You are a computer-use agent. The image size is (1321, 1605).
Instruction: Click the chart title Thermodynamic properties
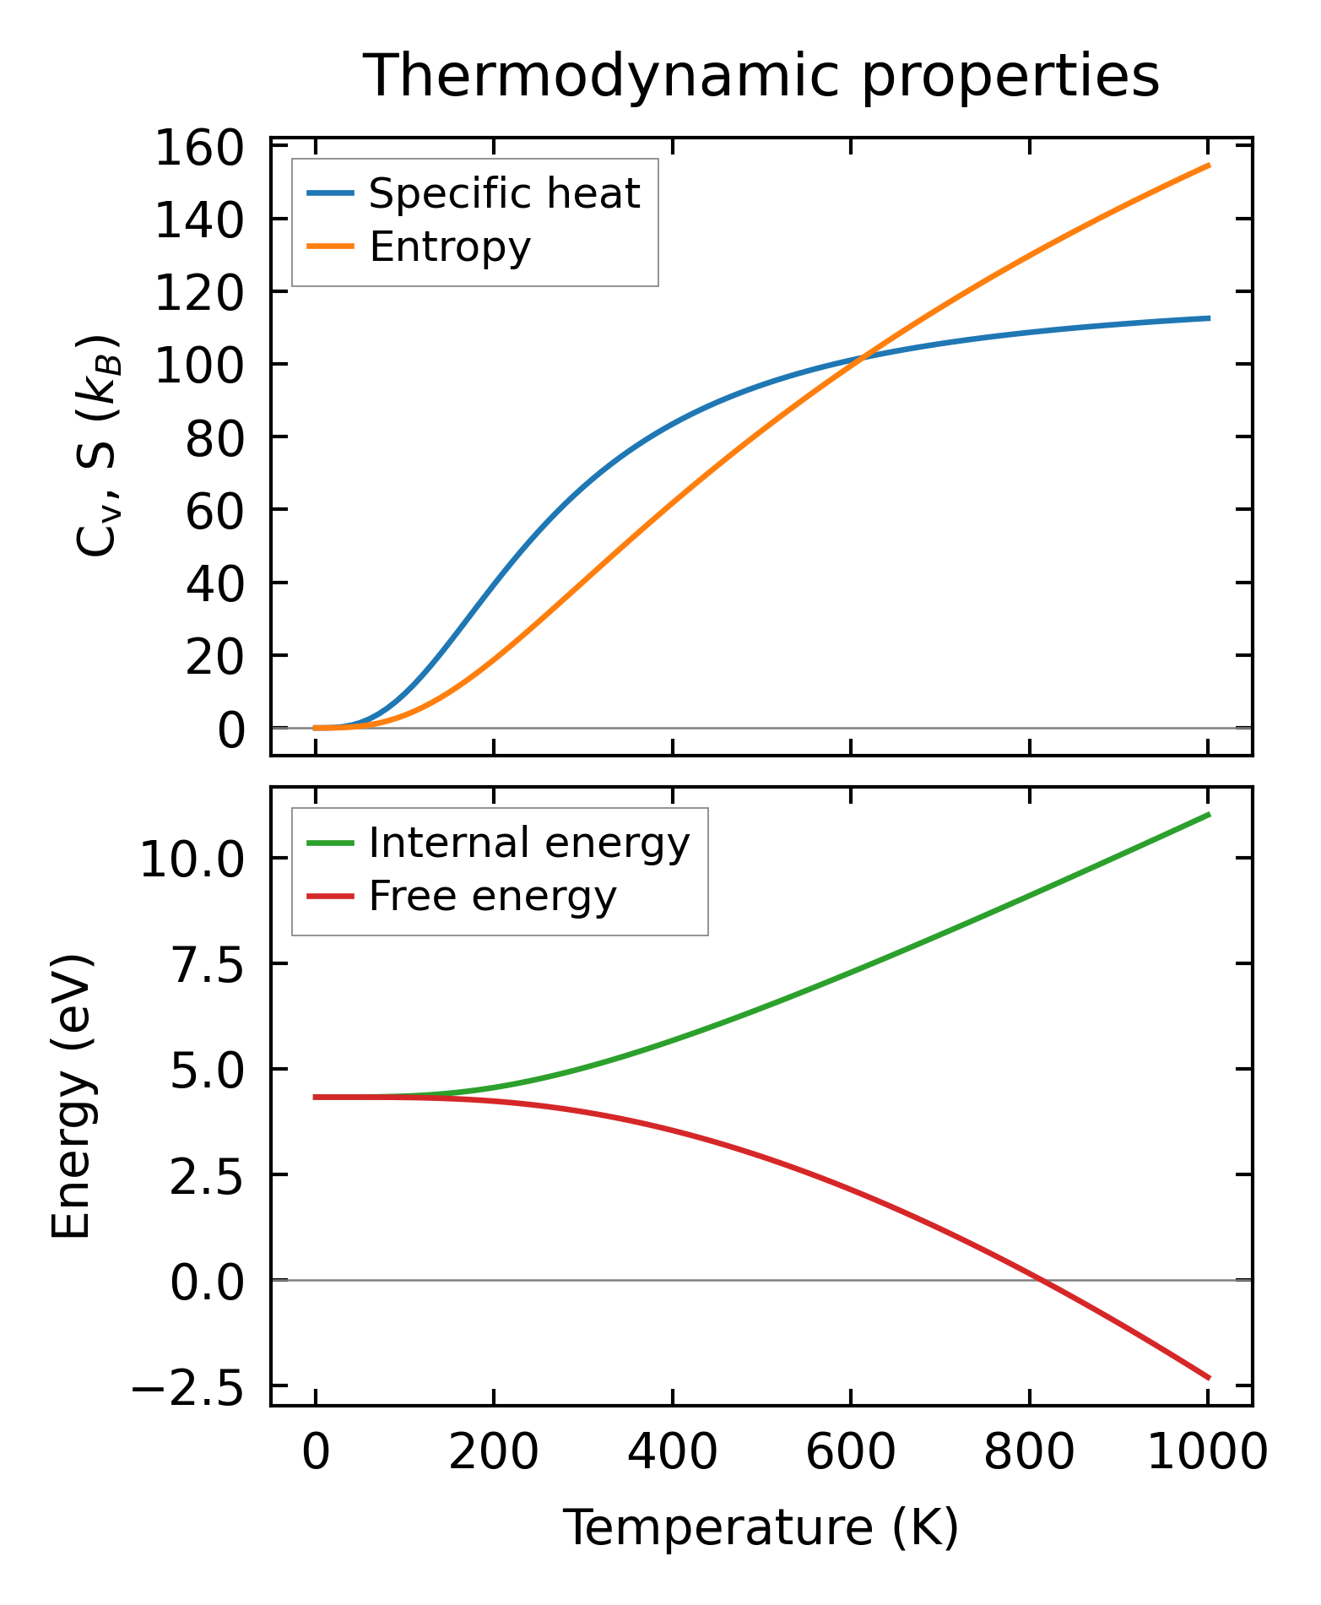coord(761,76)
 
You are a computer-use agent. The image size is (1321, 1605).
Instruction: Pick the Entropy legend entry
coord(450,247)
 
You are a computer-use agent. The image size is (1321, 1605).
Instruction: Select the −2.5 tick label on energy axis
coord(187,1387)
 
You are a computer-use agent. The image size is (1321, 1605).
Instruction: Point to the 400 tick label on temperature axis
coord(672,1452)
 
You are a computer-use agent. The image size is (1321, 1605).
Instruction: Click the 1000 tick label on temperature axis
coord(1208,1452)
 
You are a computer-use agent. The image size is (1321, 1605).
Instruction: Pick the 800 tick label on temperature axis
coord(1029,1452)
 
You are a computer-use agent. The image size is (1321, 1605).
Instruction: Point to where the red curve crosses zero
coord(1041,1281)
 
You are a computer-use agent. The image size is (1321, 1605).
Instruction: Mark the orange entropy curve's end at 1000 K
coord(1209,165)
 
